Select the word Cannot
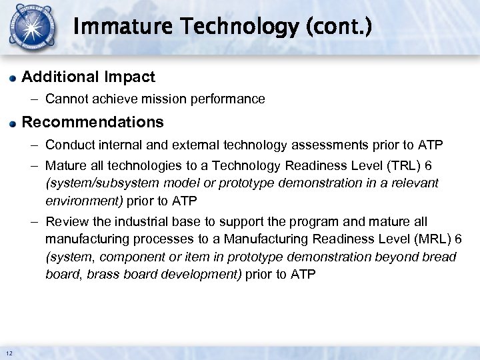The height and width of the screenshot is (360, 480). pyautogui.click(x=63, y=99)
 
